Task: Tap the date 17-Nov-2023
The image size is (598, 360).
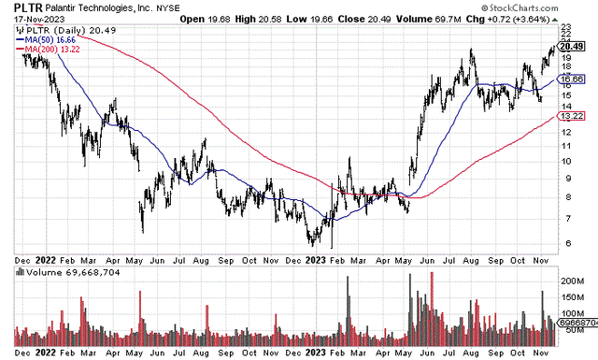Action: pyautogui.click(x=28, y=21)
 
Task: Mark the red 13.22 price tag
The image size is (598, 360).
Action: pyautogui.click(x=570, y=116)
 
